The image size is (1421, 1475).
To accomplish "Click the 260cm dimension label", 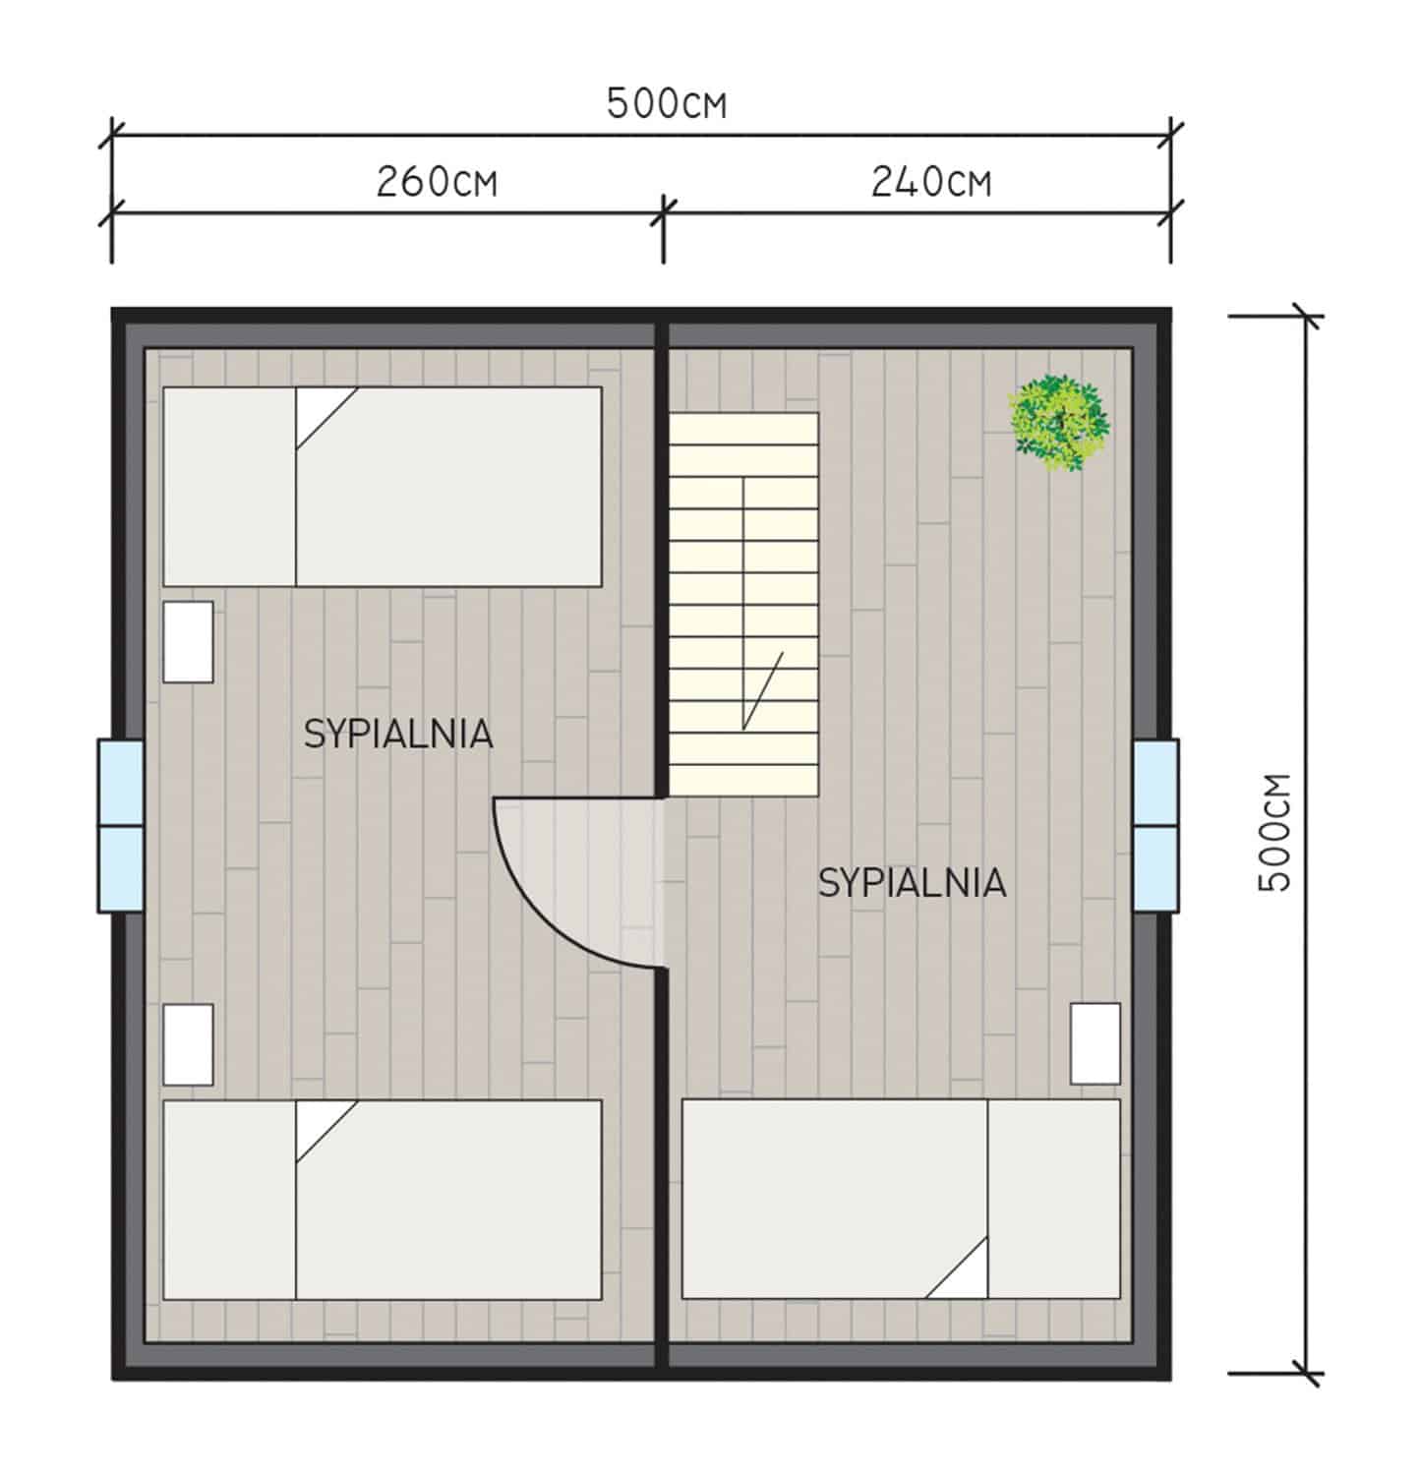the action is coord(437,182).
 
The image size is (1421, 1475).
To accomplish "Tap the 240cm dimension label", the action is coord(930,182).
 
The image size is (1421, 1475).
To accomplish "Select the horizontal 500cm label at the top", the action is coord(667,103).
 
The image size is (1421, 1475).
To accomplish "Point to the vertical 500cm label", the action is coord(1273,832).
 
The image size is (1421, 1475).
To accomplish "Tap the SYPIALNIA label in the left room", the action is coord(398,735).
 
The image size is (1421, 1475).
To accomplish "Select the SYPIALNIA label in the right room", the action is coord(913,883).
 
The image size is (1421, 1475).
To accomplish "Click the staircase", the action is coord(744,604).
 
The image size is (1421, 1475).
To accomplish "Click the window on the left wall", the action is coord(121,826).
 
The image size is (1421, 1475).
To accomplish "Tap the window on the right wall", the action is coord(1155,826).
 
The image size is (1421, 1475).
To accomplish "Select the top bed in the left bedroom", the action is coord(383,487).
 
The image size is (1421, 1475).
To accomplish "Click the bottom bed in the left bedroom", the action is coord(383,1200).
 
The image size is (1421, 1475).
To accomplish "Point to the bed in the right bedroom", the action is coord(901,1199).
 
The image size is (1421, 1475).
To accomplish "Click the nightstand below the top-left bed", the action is coord(188,642).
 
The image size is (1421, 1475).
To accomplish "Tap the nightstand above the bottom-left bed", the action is coord(188,1044).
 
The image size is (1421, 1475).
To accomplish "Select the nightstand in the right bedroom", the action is coord(1095,1043).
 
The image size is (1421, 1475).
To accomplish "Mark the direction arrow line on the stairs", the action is coord(744,604).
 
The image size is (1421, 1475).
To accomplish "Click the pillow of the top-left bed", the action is coord(230,487).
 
